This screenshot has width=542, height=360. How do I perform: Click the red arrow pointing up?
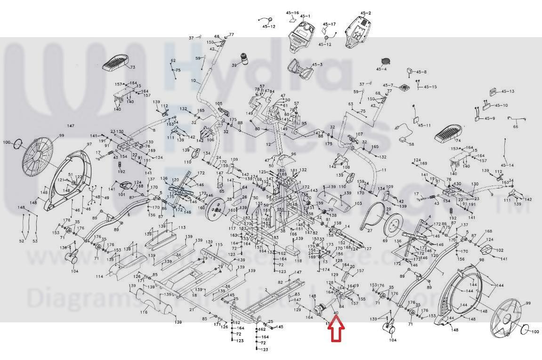337,329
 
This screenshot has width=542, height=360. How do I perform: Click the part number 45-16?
292,13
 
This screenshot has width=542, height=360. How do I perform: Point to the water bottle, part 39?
244,59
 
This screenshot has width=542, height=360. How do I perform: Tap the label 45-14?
507,165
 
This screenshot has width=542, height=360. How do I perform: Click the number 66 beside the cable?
515,126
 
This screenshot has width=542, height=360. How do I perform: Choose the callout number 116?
144,312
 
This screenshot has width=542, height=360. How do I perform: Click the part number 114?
99,277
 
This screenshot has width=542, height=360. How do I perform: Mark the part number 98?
482,259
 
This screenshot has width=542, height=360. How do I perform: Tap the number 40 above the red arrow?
335,313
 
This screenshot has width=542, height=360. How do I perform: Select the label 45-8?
420,72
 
